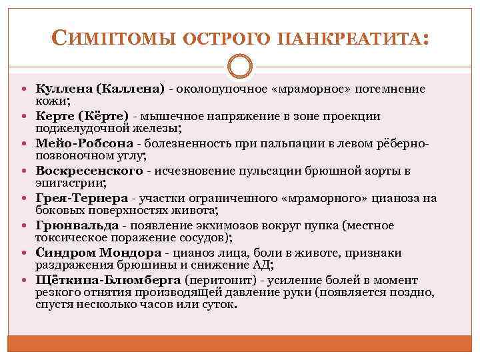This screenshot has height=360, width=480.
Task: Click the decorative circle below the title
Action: coord(239,67)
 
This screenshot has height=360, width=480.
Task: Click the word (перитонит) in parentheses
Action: coord(217,280)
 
